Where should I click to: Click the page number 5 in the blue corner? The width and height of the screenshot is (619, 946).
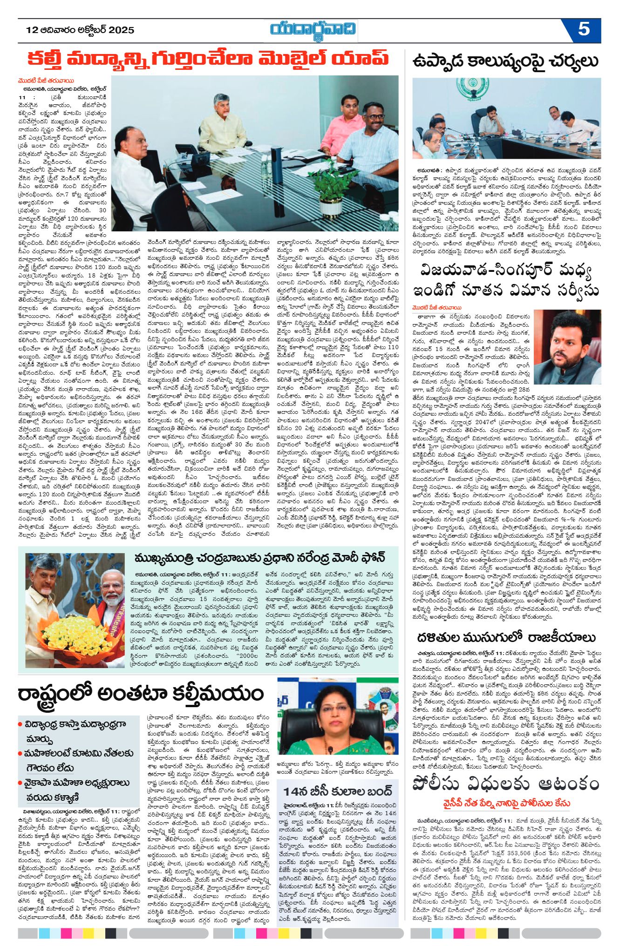584,29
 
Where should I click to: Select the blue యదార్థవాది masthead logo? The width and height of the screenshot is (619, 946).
313,29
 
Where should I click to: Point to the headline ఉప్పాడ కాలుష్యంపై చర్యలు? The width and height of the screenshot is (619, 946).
506,61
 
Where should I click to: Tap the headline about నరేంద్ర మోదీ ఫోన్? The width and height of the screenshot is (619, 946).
259,557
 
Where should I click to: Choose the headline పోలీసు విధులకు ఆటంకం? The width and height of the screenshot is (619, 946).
506,784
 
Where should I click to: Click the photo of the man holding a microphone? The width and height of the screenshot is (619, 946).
567,347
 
